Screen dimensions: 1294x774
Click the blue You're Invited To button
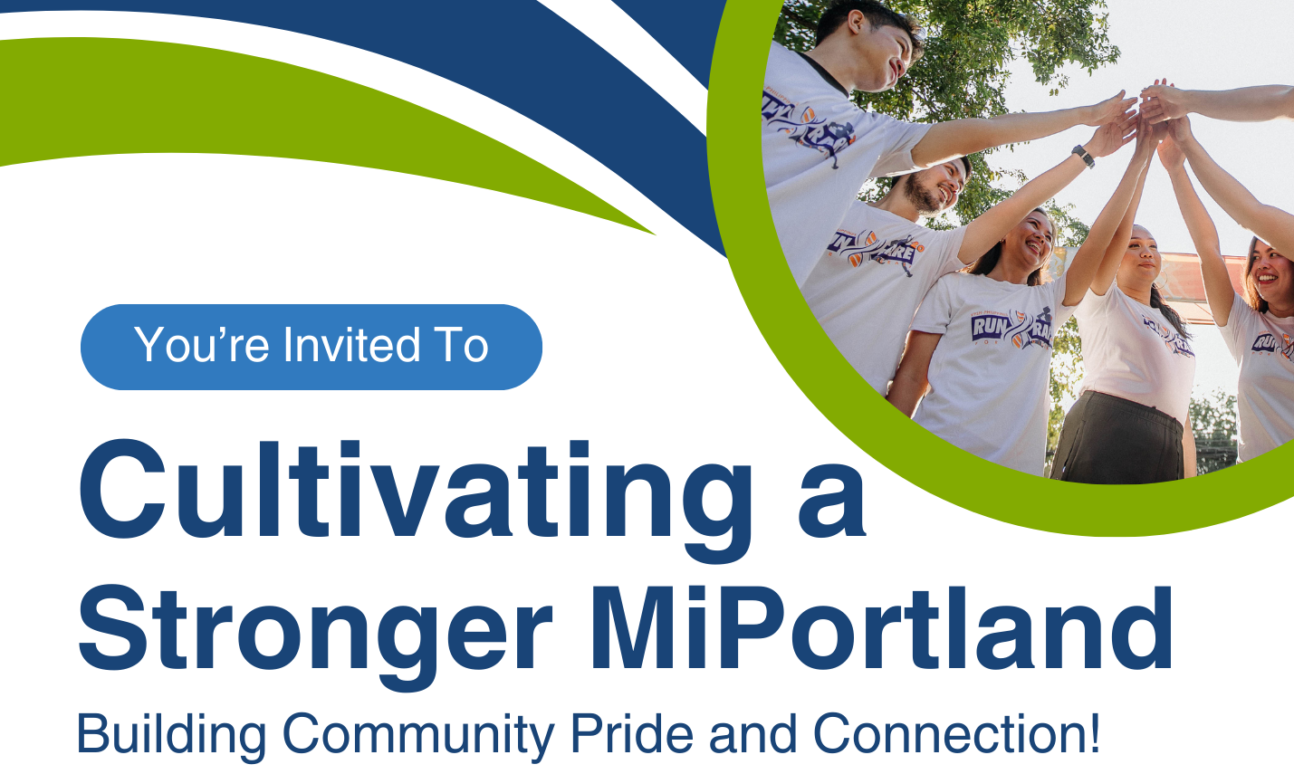[x=312, y=347]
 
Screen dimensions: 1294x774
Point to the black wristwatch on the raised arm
[x=1083, y=156]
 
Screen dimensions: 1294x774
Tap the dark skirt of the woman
[x=1117, y=438]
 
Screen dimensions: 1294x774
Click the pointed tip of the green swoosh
[x=654, y=234]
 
